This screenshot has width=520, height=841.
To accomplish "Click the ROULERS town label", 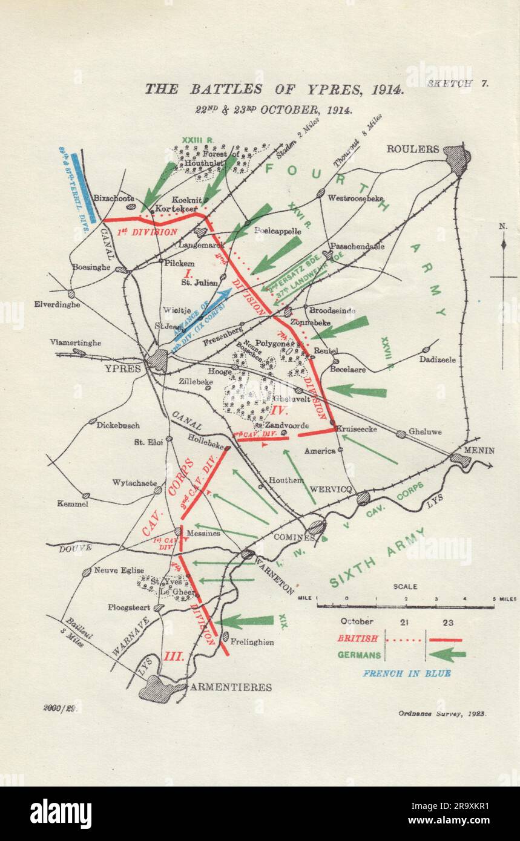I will pyautogui.click(x=413, y=149).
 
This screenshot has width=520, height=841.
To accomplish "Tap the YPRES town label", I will pyautogui.click(x=122, y=368).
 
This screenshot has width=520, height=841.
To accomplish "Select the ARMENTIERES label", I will pyautogui.click(x=231, y=687).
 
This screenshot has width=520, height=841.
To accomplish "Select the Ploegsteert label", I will pyautogui.click(x=129, y=607).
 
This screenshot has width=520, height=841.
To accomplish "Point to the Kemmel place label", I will pyautogui.click(x=73, y=503).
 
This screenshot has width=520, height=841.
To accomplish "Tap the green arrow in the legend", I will pyautogui.click(x=447, y=655).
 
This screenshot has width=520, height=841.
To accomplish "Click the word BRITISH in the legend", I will pyautogui.click(x=357, y=638).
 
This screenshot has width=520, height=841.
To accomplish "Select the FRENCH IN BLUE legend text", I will pyautogui.click(x=406, y=673).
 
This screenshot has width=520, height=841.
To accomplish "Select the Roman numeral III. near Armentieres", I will pyautogui.click(x=174, y=656).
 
